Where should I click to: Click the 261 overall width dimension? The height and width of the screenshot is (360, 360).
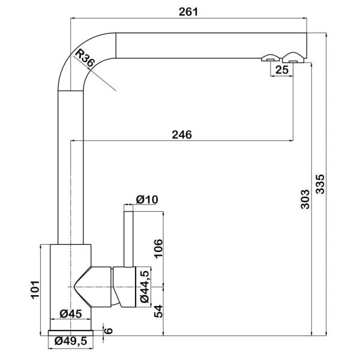click(x=188, y=12)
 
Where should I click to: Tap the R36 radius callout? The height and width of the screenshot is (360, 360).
click(x=85, y=58)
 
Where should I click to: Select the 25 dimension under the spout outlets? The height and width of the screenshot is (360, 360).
click(x=282, y=70)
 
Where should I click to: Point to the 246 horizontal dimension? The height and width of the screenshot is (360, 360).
click(x=182, y=135)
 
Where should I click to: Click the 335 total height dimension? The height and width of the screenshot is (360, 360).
click(x=320, y=184)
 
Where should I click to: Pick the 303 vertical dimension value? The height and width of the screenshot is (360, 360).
click(x=305, y=199)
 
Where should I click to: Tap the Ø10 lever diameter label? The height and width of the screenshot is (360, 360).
click(x=147, y=199)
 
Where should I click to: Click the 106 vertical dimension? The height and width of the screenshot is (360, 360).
click(x=158, y=249)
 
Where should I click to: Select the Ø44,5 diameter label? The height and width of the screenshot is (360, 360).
click(x=145, y=287)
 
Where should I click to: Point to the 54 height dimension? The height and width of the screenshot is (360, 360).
click(x=158, y=311)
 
